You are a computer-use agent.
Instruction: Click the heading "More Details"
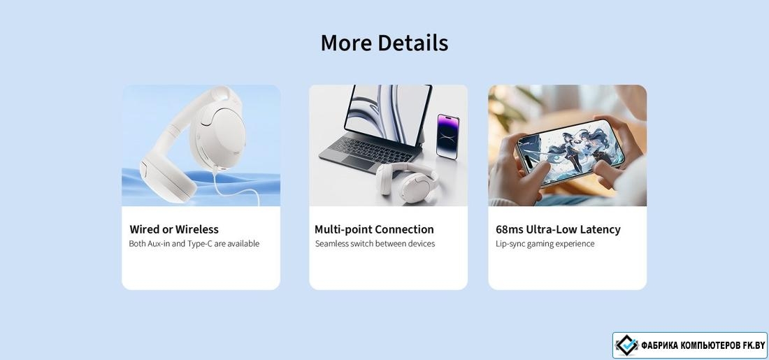click(x=384, y=43)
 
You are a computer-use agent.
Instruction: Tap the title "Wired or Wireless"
click(x=174, y=229)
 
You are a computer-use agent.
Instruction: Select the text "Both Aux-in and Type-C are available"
click(x=194, y=244)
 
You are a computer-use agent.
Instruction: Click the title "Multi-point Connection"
click(x=374, y=229)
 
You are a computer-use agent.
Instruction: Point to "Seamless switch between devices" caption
click(x=375, y=244)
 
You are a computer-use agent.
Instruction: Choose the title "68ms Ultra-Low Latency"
click(x=558, y=229)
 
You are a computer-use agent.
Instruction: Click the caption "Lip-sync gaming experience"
click(x=545, y=244)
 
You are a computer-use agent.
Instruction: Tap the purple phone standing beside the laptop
click(x=447, y=136)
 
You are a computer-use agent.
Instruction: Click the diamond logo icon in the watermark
click(x=626, y=345)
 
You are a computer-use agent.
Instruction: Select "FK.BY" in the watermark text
click(x=753, y=346)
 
